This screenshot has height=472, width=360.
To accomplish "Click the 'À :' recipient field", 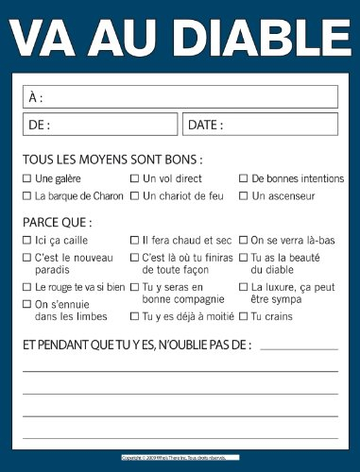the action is pos(180,96).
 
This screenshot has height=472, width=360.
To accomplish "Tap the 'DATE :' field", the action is pos(260,124).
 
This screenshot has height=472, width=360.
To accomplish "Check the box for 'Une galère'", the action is pos(26,177).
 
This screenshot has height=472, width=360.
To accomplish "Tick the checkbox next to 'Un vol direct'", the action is pos(134,177).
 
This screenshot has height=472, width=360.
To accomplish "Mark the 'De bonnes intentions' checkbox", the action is pos(243,177).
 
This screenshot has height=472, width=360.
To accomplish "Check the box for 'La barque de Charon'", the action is pos(26,195).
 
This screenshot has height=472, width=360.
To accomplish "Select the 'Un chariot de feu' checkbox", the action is pos(134,195).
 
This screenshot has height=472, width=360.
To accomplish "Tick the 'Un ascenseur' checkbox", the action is pos(243,195).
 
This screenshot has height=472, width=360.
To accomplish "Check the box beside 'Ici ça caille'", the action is pos(26,240).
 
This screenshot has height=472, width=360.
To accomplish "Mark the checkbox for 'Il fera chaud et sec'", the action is pos(134,240).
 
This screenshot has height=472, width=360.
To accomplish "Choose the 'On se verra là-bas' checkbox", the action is pos(243,240).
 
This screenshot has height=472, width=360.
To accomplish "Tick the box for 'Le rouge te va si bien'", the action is pos(26,285).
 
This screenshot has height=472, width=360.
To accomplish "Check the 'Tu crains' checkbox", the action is pos(243,315).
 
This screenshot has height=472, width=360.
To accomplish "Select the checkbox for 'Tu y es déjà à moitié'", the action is pos(134,315).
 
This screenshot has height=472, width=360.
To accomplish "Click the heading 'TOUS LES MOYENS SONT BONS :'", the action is pos(112,160).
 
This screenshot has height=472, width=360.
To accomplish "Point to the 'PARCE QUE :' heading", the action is pos(57,223).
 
